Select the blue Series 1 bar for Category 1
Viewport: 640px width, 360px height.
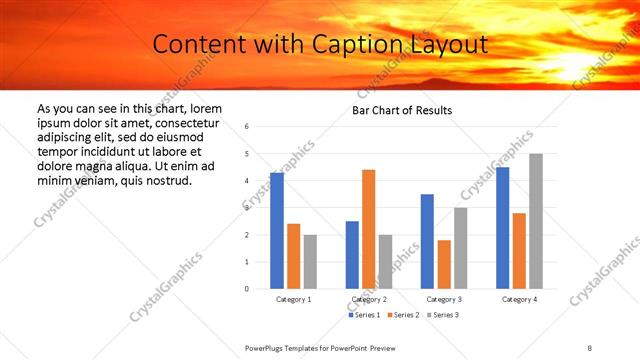pyautogui.click(x=277, y=230)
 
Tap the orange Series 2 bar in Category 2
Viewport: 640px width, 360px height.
pyautogui.click(x=369, y=229)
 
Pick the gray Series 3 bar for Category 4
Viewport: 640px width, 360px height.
pyautogui.click(x=536, y=221)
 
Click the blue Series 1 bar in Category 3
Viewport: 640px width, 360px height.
pyautogui.click(x=427, y=241)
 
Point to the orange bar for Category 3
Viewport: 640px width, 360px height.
pyautogui.click(x=444, y=264)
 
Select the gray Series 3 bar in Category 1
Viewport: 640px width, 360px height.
pyautogui.click(x=311, y=262)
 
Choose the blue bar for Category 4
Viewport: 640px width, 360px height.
pyautogui.click(x=503, y=228)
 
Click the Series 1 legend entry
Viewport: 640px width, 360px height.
pyautogui.click(x=365, y=315)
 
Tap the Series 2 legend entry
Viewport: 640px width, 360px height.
pyautogui.click(x=403, y=315)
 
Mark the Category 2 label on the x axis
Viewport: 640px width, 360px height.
pyautogui.click(x=369, y=300)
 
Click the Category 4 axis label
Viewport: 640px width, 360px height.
pyautogui.click(x=519, y=300)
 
